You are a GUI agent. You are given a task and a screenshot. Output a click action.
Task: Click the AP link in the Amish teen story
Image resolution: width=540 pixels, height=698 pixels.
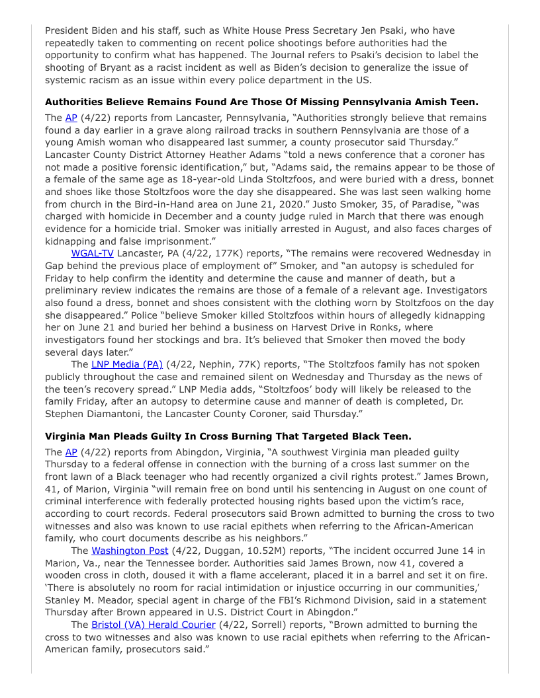[x=71, y=118]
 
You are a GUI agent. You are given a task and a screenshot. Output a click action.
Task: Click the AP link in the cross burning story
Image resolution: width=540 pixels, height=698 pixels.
[x=71, y=452]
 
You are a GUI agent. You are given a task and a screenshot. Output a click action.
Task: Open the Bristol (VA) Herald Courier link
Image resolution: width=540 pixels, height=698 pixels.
[x=154, y=625]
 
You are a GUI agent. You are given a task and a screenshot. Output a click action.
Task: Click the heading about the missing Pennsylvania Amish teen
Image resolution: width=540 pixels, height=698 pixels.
[x=261, y=102]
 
